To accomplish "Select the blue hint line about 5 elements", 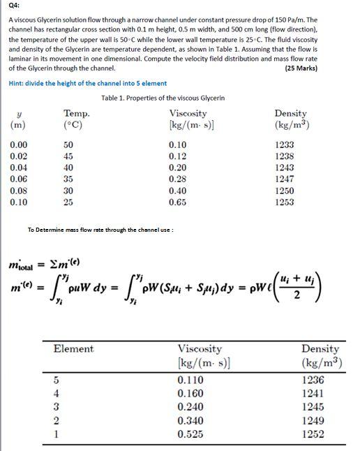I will tap(87, 83).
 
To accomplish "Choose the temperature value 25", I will tap(68, 202).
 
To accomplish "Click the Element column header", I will tap(73, 348).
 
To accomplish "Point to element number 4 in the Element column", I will tap(57, 393).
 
